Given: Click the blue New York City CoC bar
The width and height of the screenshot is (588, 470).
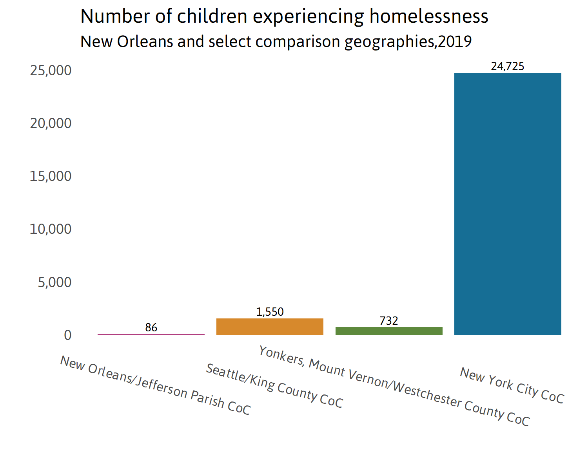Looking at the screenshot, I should (508, 204).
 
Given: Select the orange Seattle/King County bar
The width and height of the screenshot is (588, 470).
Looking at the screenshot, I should (270, 327).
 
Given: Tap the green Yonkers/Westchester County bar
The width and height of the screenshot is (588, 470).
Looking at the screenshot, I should (389, 331).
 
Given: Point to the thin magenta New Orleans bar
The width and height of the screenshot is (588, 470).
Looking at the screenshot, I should (151, 334).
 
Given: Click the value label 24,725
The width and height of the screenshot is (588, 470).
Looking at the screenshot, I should (508, 66).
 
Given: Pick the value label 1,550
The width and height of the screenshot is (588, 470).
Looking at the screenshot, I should (270, 312).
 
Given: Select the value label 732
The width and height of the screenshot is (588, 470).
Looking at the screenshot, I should (389, 321).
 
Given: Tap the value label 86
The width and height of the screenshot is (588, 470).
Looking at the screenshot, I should (151, 327).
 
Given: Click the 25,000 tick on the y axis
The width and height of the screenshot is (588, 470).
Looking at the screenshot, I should (51, 70).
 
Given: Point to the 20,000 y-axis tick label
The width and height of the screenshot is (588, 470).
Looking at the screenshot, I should (51, 123).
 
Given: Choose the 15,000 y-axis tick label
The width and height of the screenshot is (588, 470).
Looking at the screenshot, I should (51, 176).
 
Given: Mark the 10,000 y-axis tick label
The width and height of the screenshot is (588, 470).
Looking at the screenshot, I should (51, 229).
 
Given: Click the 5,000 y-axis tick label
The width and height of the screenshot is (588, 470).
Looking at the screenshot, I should (55, 282).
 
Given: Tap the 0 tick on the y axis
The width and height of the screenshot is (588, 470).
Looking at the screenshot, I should (68, 335).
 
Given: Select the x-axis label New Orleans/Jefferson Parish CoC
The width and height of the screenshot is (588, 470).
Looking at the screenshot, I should (155, 385).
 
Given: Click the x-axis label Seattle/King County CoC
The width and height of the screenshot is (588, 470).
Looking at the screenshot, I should (274, 386).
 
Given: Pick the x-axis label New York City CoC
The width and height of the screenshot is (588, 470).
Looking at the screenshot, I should (512, 385).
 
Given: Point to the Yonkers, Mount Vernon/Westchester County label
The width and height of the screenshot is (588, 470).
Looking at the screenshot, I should (394, 386).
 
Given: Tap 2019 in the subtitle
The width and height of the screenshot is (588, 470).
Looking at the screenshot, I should (455, 42).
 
